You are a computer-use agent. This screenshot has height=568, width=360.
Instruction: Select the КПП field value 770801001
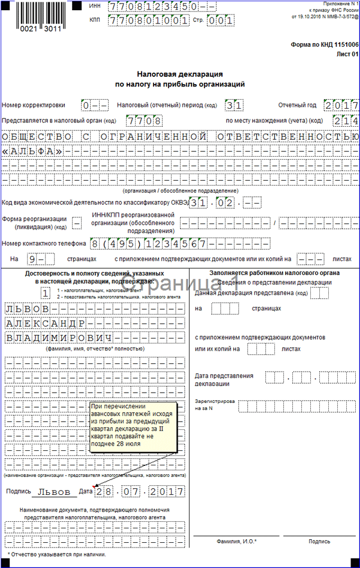[x=148, y=20]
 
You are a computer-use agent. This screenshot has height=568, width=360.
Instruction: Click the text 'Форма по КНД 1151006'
[x=324, y=44]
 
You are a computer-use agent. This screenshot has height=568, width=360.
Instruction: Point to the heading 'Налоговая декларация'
[x=179, y=74]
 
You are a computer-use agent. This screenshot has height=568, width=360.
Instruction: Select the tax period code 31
[x=235, y=105]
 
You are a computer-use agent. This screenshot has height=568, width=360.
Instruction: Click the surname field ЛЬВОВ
[x=27, y=309]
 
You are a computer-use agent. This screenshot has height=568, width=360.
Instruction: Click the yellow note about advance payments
[x=132, y=427]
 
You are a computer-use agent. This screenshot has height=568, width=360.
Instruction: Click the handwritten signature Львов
[x=54, y=491]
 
